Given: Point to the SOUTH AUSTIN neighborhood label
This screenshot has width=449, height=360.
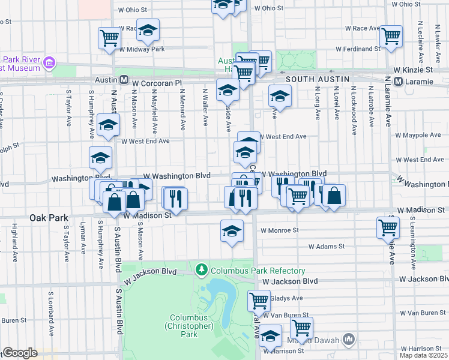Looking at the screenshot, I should tap(313, 79).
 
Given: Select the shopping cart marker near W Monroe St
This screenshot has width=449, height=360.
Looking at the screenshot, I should tap(388, 227).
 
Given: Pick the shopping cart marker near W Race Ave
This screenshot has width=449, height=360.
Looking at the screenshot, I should tap(391, 35).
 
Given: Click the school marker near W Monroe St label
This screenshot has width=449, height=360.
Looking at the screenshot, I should tap(232, 231).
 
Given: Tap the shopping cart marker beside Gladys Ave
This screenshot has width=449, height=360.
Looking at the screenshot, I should tap(259, 300).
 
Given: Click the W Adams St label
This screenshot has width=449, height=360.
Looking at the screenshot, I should tap(327, 246).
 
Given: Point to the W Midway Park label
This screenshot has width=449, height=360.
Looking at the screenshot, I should tap(142, 49).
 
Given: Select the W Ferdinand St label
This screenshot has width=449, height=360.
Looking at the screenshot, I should tap(358, 48).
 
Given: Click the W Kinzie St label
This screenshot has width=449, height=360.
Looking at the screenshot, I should tap(414, 70).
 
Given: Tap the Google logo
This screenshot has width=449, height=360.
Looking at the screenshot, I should tap(20, 353).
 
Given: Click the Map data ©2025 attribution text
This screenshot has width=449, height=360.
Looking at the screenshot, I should tap(424, 355).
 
